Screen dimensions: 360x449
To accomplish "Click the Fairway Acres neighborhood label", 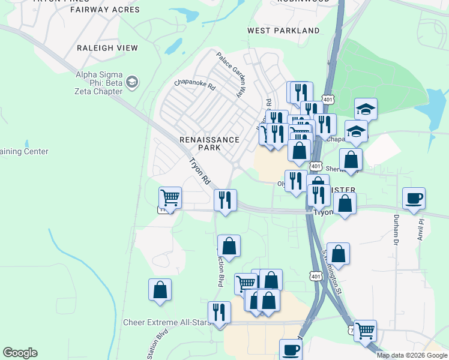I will [105, 10].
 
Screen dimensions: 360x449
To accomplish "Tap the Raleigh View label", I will [107, 48].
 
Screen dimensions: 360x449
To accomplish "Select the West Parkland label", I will [283, 31].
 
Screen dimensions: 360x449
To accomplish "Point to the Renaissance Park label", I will [209, 144].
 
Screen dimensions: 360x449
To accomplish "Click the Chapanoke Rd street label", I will [194, 86].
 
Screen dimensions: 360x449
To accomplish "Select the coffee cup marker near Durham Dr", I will [414, 198].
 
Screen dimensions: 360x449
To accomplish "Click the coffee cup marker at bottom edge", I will [291, 350].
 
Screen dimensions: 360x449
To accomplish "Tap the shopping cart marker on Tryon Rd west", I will [170, 197].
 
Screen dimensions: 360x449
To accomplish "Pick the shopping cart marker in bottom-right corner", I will [365, 330].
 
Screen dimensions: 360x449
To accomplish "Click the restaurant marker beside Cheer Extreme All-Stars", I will [219, 312].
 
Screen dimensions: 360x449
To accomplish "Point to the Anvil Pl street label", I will [421, 230].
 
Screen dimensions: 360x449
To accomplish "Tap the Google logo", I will [20, 353].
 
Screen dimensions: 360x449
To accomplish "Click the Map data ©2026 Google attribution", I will [412, 355].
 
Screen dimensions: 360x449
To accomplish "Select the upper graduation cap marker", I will [366, 109].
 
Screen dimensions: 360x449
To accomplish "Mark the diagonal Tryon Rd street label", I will [200, 171].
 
